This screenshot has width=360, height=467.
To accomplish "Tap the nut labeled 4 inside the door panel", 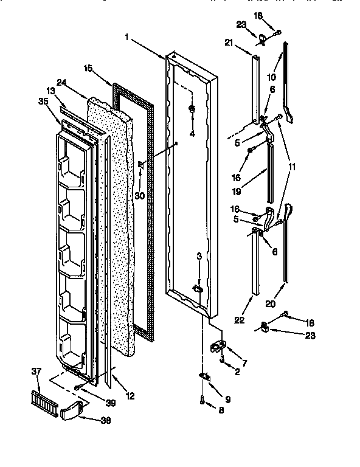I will [x=192, y=110].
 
